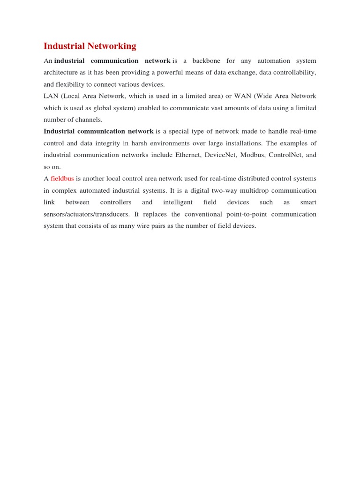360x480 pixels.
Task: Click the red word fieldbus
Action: (62, 179)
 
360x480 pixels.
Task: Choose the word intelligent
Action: (178, 202)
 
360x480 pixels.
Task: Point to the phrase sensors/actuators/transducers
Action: (86, 214)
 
